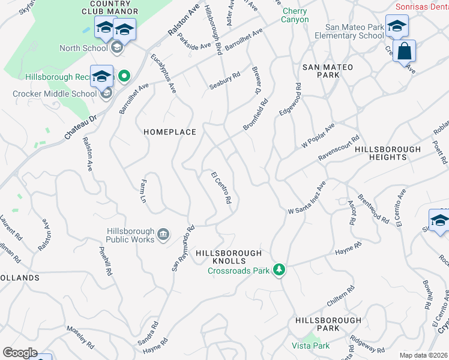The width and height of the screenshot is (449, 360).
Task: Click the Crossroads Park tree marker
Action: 279,270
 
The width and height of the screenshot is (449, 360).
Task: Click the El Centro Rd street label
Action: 221,188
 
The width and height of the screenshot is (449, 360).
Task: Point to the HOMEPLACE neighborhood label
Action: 169,132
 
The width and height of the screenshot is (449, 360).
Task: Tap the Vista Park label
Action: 310,346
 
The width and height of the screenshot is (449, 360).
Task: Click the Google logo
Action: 20,353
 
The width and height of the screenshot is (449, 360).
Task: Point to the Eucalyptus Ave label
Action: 163,74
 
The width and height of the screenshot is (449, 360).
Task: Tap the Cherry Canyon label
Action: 295,15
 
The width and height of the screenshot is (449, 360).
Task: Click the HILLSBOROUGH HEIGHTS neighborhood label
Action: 388,153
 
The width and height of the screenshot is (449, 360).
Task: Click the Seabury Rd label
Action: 224,82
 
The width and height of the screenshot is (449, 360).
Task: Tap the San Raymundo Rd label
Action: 183,248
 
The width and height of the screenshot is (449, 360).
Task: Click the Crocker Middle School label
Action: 55,94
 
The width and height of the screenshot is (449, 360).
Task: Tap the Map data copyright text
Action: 423,355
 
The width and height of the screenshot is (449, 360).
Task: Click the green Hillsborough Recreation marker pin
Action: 124,76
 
